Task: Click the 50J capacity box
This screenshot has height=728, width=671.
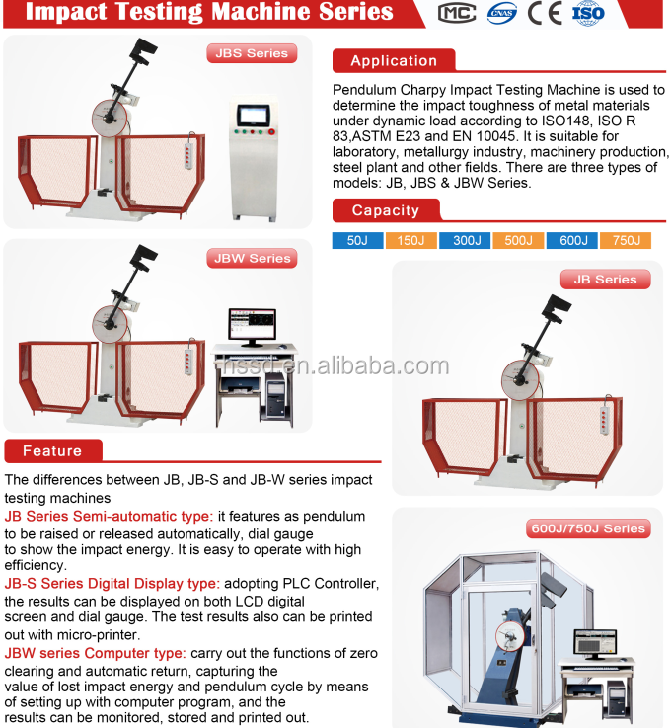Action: tap(357, 240)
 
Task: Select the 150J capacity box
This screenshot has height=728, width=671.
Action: tap(410, 240)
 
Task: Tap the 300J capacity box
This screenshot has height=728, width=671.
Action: tap(467, 240)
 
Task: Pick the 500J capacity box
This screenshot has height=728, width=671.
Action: tap(519, 240)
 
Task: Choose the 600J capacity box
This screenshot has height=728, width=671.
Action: tap(572, 240)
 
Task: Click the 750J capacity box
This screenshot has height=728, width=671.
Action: tap(626, 240)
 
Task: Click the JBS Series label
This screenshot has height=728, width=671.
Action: tap(252, 53)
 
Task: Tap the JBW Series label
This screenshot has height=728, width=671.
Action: tap(253, 258)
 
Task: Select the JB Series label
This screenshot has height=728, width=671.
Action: tap(605, 280)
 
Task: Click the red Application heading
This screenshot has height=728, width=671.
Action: tap(394, 61)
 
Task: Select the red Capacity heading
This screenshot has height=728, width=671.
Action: tap(386, 210)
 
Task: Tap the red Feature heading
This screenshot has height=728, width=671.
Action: tap(52, 451)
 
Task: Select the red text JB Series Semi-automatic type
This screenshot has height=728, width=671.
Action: tap(109, 516)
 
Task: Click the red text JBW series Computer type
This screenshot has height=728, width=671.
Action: tap(95, 653)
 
